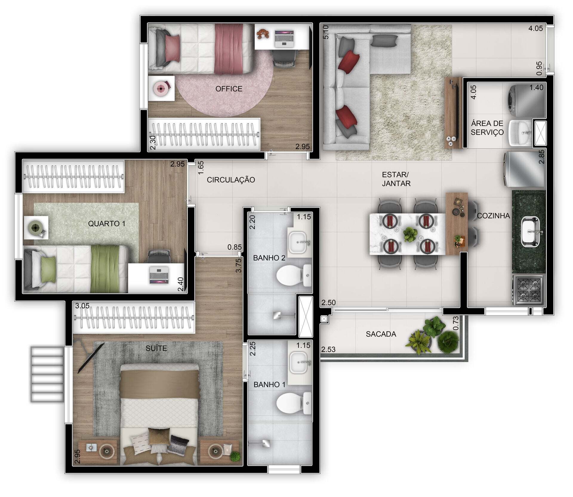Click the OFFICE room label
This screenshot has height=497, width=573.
pos(229,89)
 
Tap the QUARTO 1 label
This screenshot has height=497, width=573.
pos(107,223)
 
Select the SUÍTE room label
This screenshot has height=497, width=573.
pos(156,348)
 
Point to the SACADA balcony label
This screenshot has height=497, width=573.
pos(381,334)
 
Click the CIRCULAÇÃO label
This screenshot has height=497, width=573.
pos(231,180)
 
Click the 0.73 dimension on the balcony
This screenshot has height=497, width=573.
pos(455,323)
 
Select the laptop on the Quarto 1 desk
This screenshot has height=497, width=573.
pos(159,275)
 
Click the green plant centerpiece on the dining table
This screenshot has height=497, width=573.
pos(410,234)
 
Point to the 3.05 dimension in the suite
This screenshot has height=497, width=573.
pos(82,306)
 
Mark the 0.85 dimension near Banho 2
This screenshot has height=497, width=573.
pos(235,247)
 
